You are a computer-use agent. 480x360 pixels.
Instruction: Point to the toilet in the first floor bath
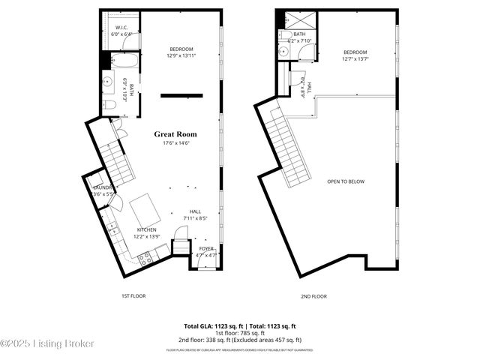pyautogui.click(x=109, y=104)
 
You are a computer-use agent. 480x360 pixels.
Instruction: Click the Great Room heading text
pyautogui.click(x=175, y=134)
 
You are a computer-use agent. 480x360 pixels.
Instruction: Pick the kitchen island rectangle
pyautogui.click(x=145, y=208)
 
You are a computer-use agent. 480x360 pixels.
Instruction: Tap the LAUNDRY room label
pyautogui.click(x=101, y=187)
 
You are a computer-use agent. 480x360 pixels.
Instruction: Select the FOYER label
pyautogui.click(x=206, y=248)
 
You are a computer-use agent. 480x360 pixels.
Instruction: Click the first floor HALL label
pyautogui.click(x=195, y=211)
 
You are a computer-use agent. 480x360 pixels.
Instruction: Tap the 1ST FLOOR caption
pyautogui.click(x=133, y=296)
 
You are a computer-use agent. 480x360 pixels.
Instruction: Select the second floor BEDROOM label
pyautogui.click(x=355, y=52)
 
